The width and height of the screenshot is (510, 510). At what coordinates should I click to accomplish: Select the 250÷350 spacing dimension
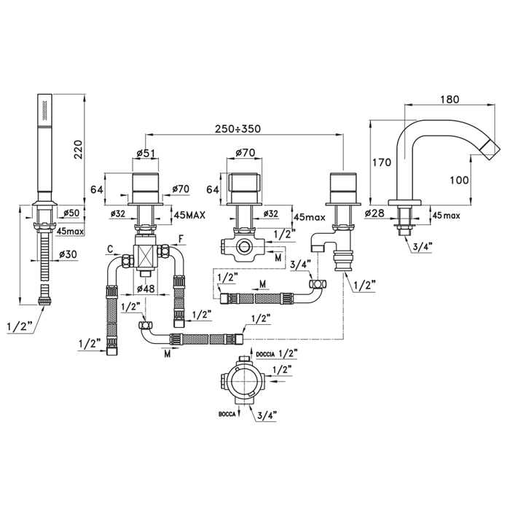coord(236,128)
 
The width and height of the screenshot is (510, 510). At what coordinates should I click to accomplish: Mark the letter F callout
coord(181,238)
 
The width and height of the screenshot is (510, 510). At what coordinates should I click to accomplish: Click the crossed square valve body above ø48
coord(146,257)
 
